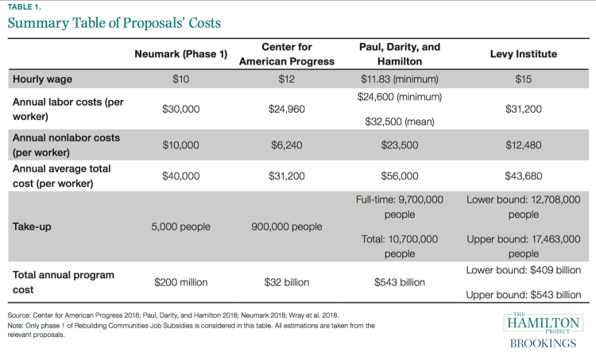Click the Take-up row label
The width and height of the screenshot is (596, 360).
click(32, 226)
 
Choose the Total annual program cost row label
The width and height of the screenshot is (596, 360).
click(64, 281)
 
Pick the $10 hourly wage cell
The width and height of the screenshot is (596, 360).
click(180, 79)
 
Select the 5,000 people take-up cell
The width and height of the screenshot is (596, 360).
click(180, 226)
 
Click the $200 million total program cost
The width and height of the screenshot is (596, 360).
click(180, 282)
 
